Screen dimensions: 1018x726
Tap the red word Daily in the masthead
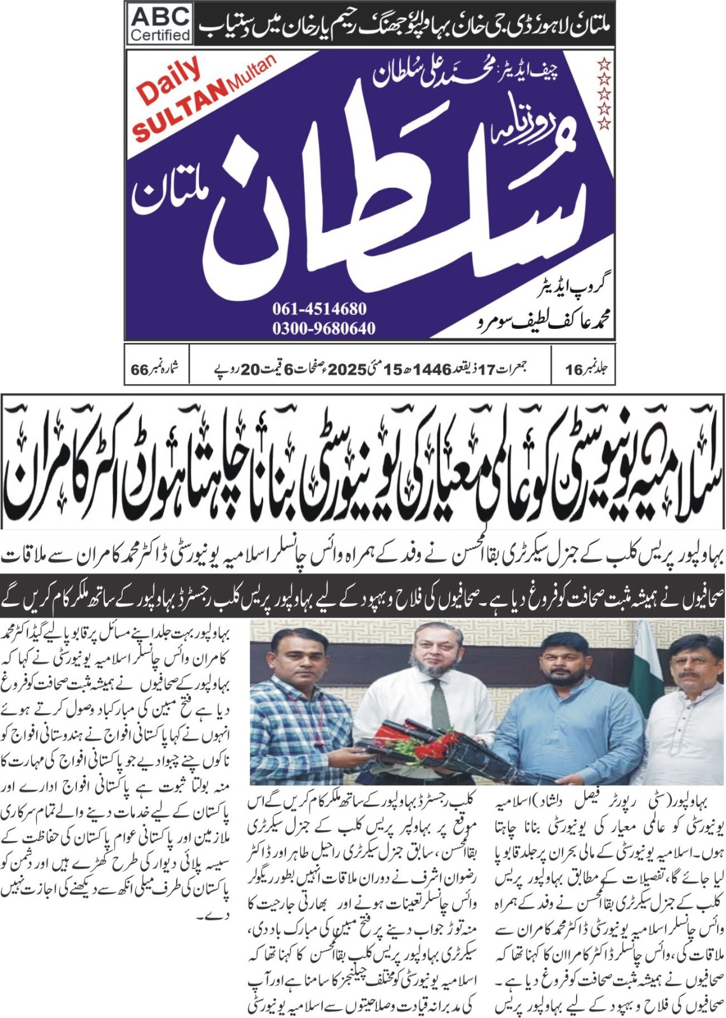tap(168, 82)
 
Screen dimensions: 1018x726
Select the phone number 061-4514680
tap(320, 309)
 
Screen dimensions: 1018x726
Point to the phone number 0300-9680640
tap(324, 328)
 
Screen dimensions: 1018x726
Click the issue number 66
tap(139, 370)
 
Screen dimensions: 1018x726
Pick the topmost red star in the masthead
tap(605, 64)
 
